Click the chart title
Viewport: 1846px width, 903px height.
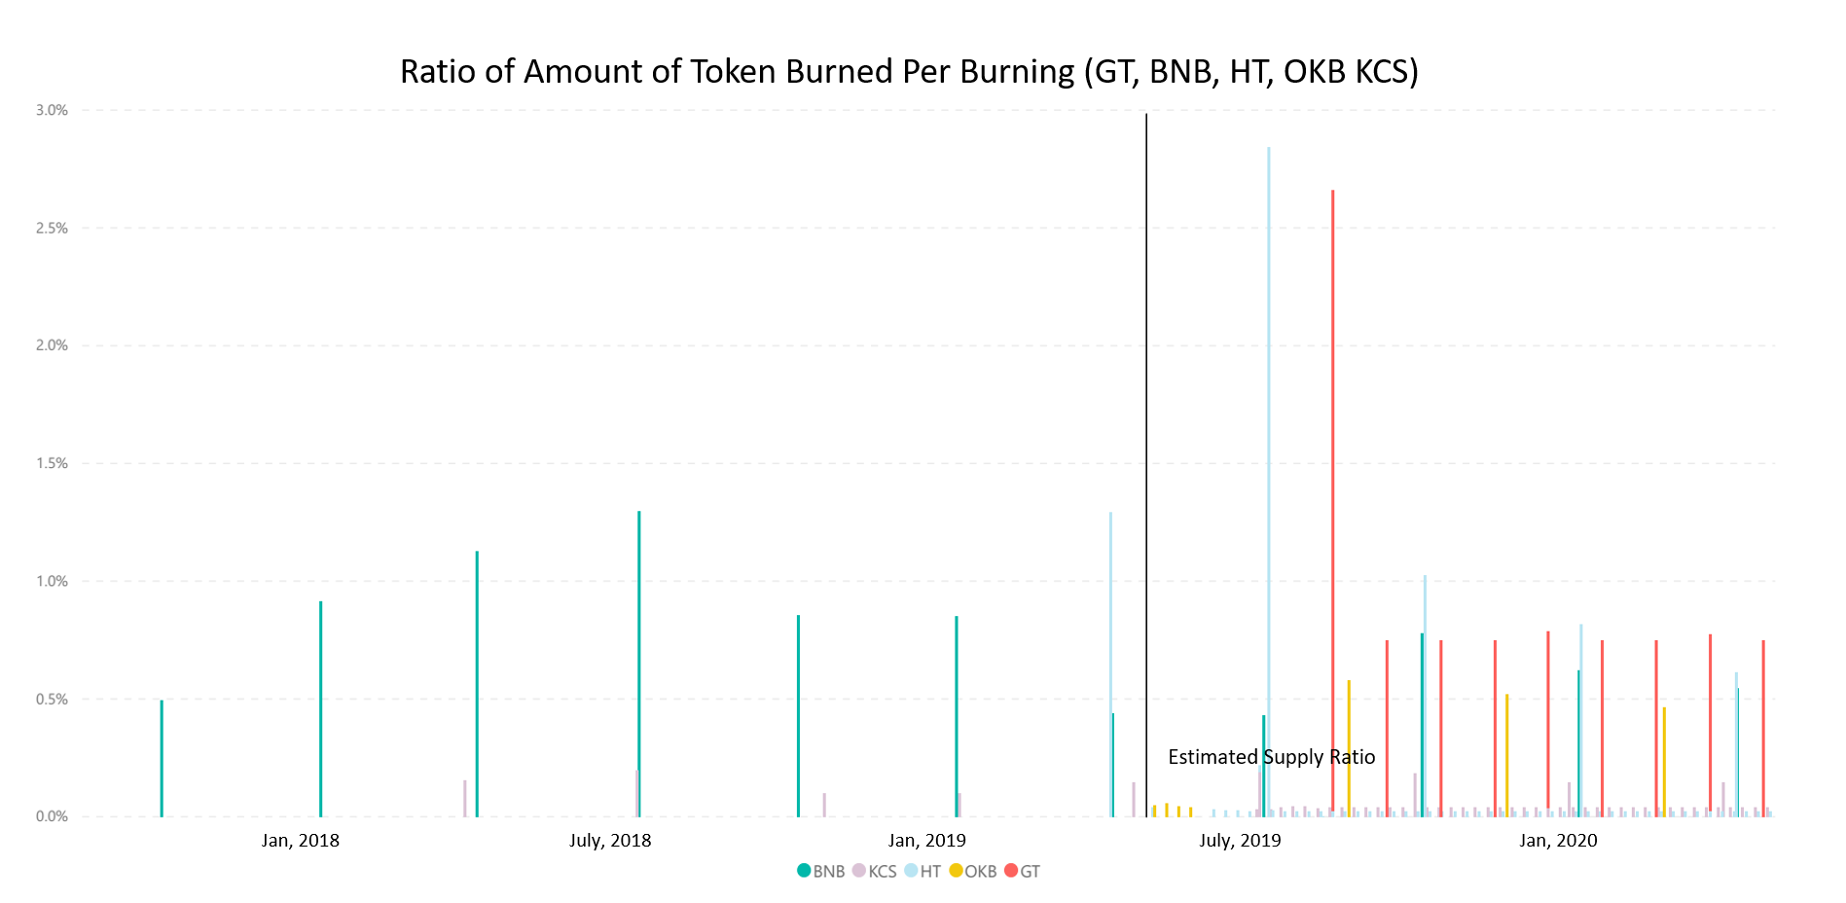click(x=909, y=72)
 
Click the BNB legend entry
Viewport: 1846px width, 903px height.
click(x=821, y=871)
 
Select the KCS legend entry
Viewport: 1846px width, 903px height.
click(x=875, y=871)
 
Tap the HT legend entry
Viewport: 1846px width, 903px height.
click(x=923, y=871)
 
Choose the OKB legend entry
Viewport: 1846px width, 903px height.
click(x=973, y=871)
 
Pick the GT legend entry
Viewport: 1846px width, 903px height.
click(x=1023, y=871)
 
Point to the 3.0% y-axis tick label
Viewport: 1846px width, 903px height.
click(x=52, y=110)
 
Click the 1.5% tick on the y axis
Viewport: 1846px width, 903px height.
click(x=52, y=463)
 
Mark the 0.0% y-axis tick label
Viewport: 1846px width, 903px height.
click(x=52, y=816)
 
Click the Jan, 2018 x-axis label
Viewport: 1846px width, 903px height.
click(x=301, y=841)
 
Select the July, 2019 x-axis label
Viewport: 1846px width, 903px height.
click(x=1240, y=841)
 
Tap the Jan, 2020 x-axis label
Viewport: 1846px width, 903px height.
click(x=1558, y=841)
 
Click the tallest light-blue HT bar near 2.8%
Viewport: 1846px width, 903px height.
click(x=1268, y=482)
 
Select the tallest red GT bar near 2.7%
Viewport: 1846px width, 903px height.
click(x=1332, y=503)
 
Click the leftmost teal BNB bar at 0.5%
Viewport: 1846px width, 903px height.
click(x=162, y=758)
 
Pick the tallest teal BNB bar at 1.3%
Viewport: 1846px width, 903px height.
click(x=638, y=664)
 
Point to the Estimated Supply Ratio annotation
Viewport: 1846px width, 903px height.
click(x=1272, y=757)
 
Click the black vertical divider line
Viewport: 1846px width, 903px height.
click(x=1146, y=465)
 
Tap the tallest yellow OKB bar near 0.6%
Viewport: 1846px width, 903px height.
click(x=1349, y=748)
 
